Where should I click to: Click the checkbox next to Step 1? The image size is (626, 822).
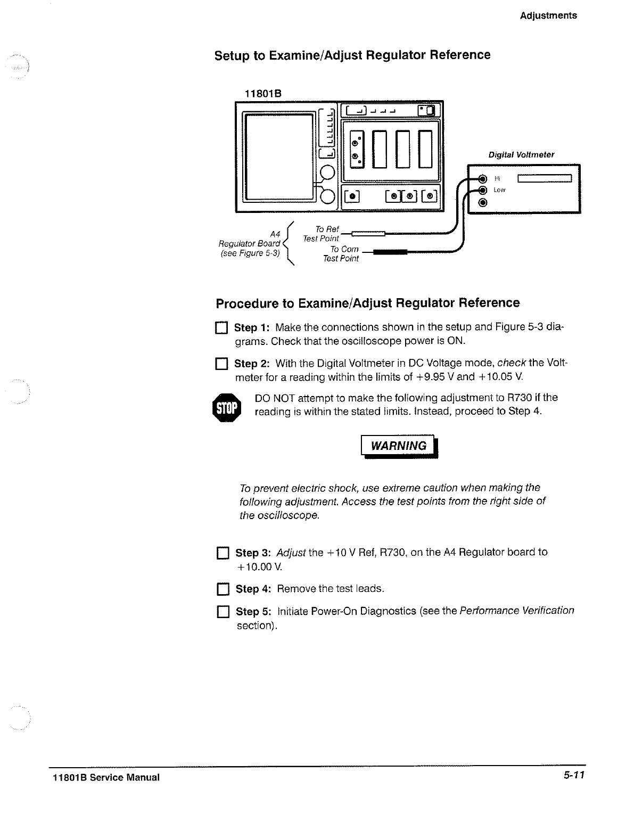(x=221, y=328)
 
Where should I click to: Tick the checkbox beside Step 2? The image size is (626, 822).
(x=221, y=365)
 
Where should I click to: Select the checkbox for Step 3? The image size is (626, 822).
(x=222, y=554)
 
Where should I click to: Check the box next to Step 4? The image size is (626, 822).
(x=222, y=590)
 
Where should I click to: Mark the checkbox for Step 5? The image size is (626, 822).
(x=222, y=612)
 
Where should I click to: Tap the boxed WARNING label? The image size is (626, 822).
(x=399, y=446)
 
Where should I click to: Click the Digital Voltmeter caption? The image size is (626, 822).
(x=521, y=155)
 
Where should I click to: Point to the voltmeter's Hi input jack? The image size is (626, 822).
(x=483, y=178)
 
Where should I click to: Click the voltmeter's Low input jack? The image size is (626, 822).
(x=483, y=190)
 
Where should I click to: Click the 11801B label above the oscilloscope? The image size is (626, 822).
(x=262, y=94)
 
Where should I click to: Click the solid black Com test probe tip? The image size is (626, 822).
(x=390, y=253)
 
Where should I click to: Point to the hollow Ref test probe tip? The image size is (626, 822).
(x=368, y=233)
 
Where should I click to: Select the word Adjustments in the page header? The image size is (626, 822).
(x=548, y=15)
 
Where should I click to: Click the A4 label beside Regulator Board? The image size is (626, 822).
(x=275, y=234)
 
